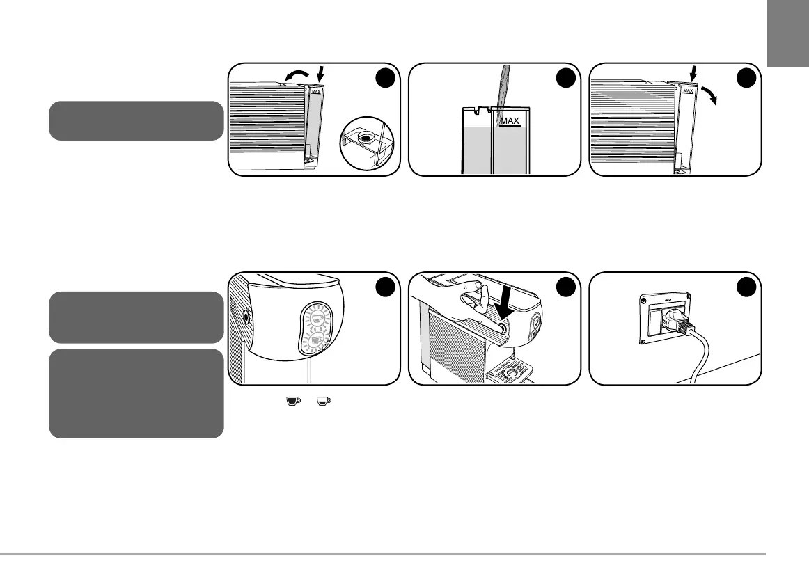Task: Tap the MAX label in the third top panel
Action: (689, 90)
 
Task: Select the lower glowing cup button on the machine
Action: (317, 340)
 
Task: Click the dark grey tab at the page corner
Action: (788, 42)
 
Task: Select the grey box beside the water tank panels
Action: (137, 120)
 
